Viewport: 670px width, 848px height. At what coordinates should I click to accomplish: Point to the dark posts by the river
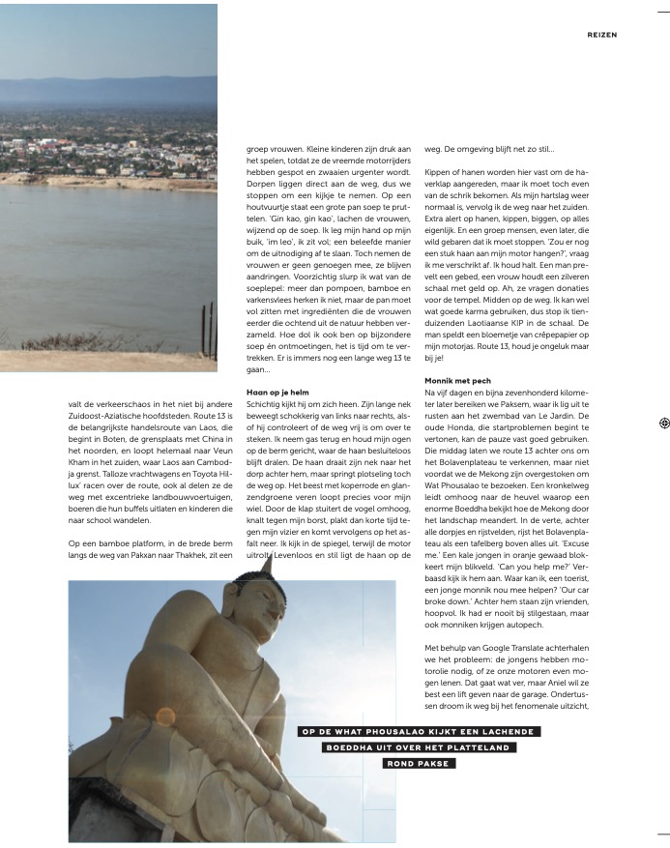coord(206,330)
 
